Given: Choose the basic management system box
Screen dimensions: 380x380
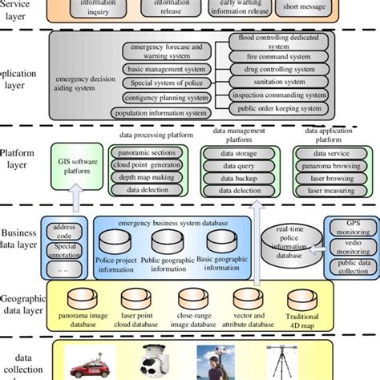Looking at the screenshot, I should (167, 70).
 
